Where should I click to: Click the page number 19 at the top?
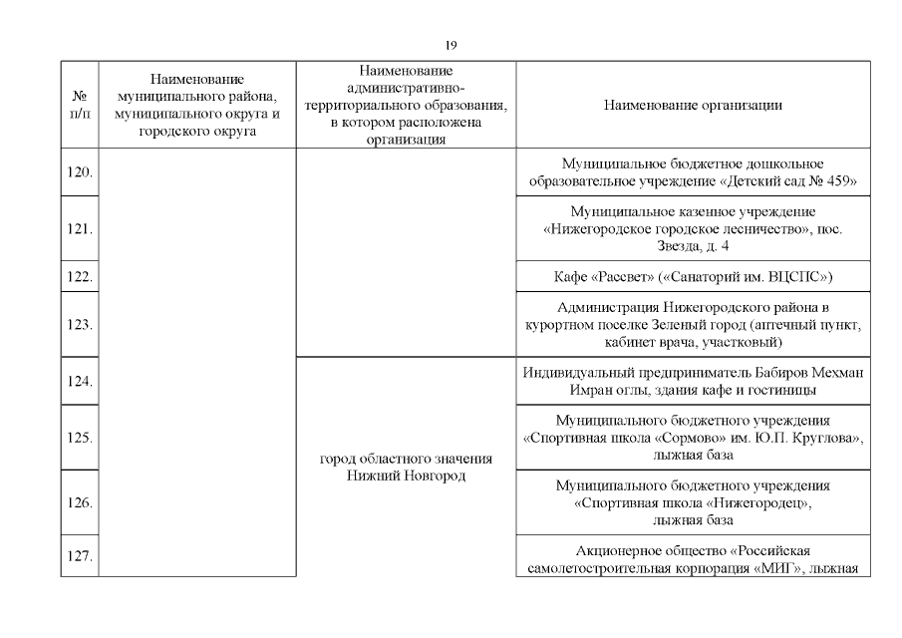451,45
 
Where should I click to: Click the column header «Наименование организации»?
692,105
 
